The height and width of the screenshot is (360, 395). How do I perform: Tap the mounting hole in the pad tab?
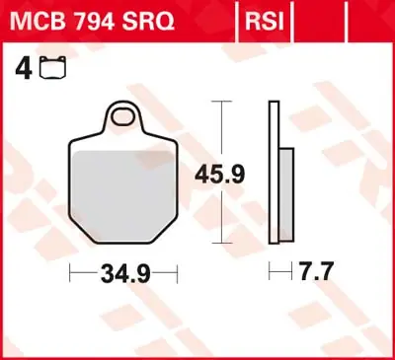pos(125,117)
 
